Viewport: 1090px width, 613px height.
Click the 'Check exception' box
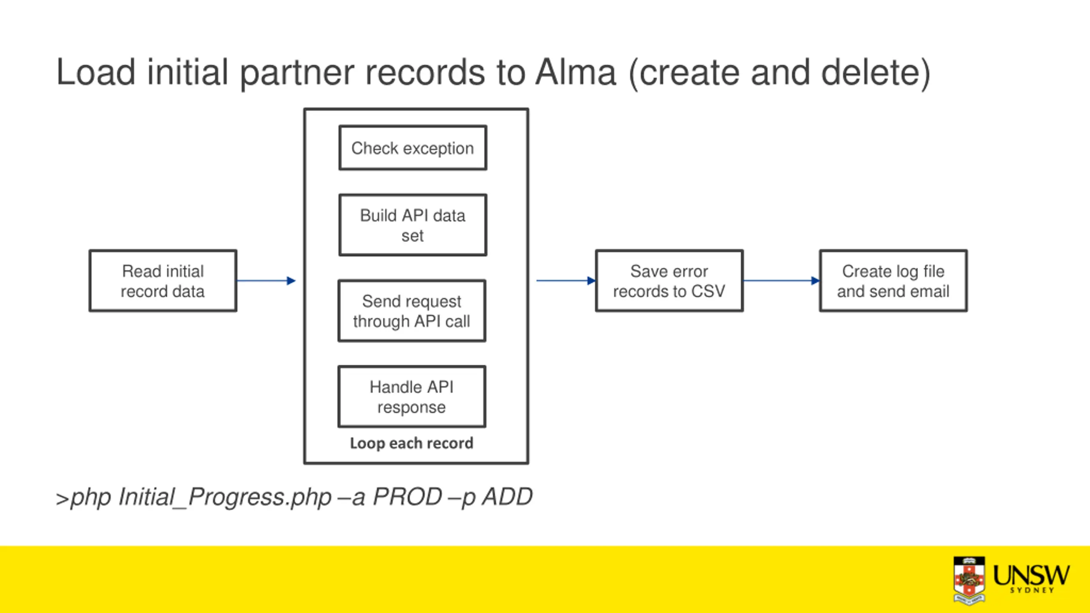point(413,148)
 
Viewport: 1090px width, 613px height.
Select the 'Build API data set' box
point(413,225)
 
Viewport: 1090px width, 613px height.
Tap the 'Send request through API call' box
point(412,311)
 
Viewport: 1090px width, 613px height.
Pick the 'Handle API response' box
point(412,397)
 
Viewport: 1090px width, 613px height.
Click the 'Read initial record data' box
point(163,281)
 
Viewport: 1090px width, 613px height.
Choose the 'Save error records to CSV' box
point(669,281)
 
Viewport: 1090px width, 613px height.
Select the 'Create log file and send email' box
point(893,281)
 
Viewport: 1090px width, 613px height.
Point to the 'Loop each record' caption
point(412,443)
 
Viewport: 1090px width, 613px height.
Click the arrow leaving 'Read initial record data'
point(266,281)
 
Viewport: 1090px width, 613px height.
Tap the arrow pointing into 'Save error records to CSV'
point(566,281)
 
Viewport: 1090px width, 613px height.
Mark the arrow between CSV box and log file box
point(781,281)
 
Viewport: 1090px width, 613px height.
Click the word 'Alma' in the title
point(576,72)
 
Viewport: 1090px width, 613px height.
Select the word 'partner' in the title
point(297,73)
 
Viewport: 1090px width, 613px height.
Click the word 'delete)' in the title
point(876,73)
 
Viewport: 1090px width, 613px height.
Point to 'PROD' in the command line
point(407,496)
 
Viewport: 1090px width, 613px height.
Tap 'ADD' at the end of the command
point(507,496)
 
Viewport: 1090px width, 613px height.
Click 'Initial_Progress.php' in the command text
point(225,497)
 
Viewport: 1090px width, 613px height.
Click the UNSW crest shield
point(969,580)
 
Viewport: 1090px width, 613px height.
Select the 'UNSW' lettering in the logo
point(1031,575)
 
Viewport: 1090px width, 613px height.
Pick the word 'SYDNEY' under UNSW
point(1032,590)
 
